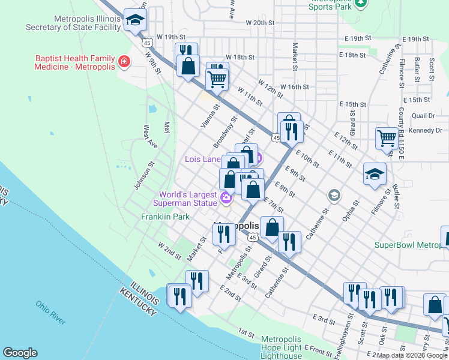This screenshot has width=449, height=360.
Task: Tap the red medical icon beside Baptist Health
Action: [x=124, y=62]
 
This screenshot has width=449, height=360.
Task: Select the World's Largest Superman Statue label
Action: [x=187, y=199]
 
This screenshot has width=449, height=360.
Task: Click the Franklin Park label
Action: [x=165, y=217]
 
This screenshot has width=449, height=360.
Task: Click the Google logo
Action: [x=20, y=353]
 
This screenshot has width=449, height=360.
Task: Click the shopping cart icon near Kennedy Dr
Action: [x=387, y=138]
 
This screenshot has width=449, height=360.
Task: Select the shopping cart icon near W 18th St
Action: [x=217, y=78]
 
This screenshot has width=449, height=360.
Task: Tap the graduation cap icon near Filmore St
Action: [x=375, y=174]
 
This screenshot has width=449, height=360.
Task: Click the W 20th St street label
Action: [x=260, y=22]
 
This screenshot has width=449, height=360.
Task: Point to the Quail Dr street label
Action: [x=423, y=116]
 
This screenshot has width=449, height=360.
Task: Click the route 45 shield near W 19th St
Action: [x=148, y=43]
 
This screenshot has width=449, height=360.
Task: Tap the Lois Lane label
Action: [x=203, y=160]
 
